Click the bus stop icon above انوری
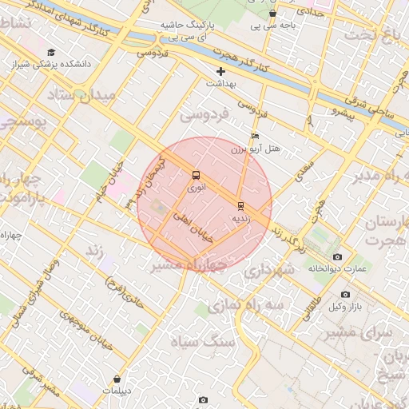(x=197, y=175)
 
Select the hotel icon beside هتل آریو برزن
(x=255, y=137)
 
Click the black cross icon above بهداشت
(x=220, y=71)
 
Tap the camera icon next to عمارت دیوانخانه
(x=338, y=257)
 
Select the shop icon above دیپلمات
(x=118, y=379)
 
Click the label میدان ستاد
(x=83, y=95)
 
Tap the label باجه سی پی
(x=272, y=25)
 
